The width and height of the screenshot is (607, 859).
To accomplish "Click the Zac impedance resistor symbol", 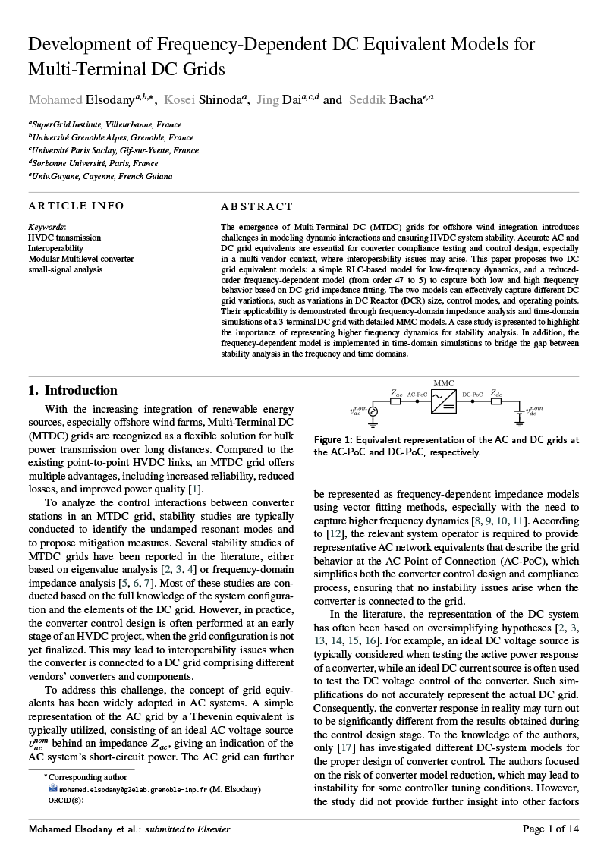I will (x=395, y=401).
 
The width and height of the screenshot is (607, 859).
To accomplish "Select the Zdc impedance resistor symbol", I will (x=495, y=401).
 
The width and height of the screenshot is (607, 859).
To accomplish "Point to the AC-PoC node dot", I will (x=417, y=401).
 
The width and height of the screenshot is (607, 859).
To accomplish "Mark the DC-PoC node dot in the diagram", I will (x=472, y=401).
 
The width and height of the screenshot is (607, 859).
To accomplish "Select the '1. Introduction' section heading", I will (x=73, y=391).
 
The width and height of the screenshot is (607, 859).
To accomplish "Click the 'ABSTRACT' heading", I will (x=256, y=206).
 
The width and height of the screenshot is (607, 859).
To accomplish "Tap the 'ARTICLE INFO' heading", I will (x=76, y=206).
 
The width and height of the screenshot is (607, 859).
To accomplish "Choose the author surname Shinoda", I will (x=219, y=100).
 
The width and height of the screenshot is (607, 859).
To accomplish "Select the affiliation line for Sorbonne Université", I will (x=93, y=163).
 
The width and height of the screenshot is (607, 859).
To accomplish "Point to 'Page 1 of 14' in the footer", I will (x=551, y=829).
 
